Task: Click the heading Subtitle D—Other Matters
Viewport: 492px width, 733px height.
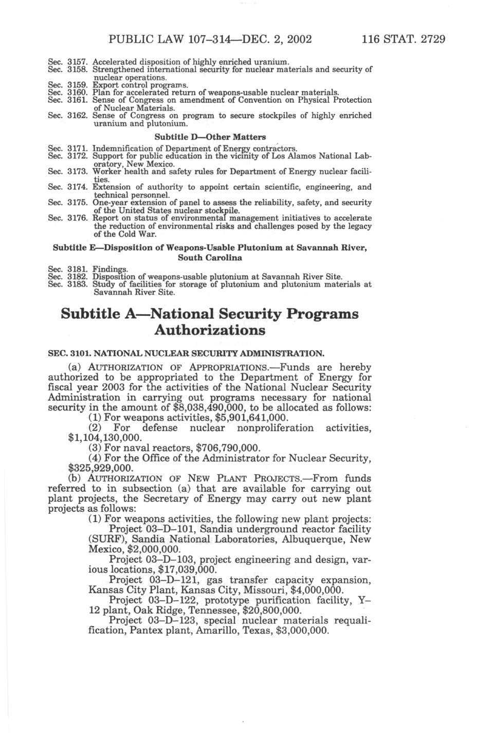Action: click(210, 137)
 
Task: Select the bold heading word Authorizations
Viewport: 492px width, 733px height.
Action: click(210, 330)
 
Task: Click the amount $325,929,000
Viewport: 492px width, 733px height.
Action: click(100, 468)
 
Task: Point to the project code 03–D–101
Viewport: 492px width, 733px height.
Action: click(171, 529)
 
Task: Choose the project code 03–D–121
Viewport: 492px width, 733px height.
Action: click(171, 580)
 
